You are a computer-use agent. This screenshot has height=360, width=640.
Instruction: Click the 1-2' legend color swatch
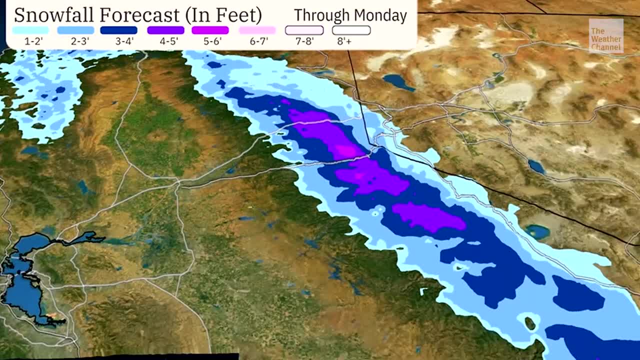(30, 30)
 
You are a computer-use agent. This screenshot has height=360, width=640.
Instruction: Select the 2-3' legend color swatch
(75, 30)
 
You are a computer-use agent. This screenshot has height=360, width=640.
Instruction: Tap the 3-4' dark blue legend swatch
(118, 30)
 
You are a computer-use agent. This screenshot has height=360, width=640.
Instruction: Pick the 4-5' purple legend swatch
(165, 30)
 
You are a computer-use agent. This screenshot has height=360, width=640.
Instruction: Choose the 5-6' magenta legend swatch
(210, 30)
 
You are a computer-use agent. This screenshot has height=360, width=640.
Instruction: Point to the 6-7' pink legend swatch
(257, 30)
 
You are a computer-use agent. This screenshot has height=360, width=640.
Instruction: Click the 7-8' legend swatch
(304, 30)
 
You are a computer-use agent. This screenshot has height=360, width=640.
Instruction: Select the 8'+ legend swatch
(351, 30)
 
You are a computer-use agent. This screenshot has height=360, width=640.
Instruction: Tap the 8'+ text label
(344, 41)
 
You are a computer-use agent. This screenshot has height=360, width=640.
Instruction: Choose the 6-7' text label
(259, 41)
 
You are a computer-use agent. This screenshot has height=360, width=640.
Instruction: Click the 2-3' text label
(79, 41)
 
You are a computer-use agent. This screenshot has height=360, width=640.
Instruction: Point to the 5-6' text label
(212, 41)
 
